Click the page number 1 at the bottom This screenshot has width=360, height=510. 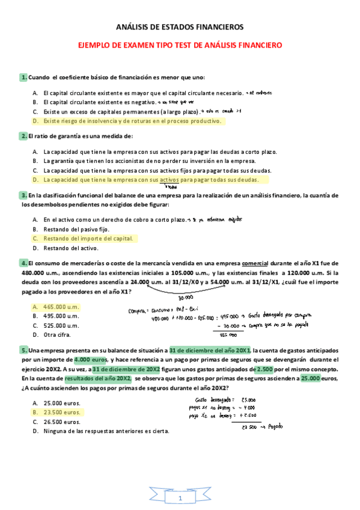click(180, 499)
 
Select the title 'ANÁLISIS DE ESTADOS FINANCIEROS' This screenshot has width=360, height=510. click(180, 28)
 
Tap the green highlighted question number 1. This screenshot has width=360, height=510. click(23, 77)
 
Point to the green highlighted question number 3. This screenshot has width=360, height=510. click(23, 195)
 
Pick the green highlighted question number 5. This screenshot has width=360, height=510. click(23, 350)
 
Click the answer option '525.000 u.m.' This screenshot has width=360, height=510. click(61, 325)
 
